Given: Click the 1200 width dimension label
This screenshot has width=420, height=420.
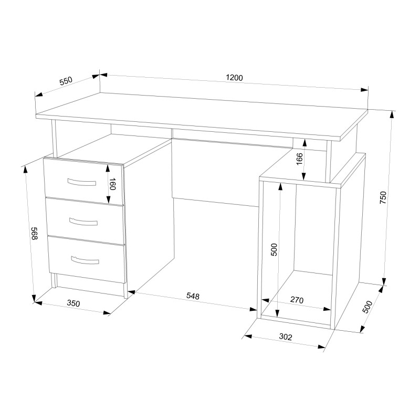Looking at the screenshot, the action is tap(234, 78).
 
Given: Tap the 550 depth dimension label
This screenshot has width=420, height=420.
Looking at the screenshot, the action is tap(66, 81).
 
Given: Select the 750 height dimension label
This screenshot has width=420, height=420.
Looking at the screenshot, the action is tap(383, 198).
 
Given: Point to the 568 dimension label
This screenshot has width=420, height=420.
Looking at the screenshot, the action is tap(35, 233).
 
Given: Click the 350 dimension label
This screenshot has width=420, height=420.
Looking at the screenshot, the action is tap(73, 303).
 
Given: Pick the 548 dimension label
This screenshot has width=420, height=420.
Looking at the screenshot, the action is tap(193, 296).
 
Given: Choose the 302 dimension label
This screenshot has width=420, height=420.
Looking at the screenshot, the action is tap(286, 337).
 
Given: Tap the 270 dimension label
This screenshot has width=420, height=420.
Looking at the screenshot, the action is tap(297, 300).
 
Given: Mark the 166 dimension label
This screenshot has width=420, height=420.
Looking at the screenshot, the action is tap(299, 159).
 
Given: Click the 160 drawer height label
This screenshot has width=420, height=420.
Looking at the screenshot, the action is tap(112, 184).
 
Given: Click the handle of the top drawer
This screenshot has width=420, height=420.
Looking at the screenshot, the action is tap(82, 182).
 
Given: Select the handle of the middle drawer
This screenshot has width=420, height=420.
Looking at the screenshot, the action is tap(83, 222).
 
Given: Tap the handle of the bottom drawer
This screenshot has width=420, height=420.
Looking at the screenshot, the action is tap(85, 260).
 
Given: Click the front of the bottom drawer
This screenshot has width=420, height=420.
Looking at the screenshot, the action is tap(87, 259).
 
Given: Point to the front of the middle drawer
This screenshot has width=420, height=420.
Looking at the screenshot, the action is tap(85, 220).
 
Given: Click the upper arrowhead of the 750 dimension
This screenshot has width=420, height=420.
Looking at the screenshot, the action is tap(392, 115).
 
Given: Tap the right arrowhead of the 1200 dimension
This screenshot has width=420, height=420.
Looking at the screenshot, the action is tap(364, 90).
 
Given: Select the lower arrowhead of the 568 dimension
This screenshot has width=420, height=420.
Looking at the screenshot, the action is tap(34, 298).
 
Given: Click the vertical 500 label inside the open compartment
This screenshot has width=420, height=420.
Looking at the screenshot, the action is tap(274, 250).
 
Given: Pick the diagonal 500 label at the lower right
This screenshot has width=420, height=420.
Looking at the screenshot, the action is tap(367, 307).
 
